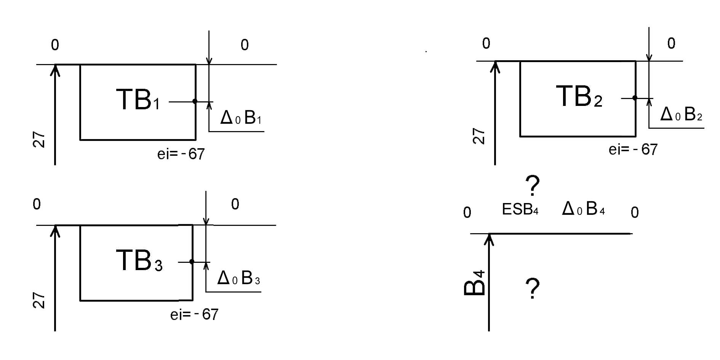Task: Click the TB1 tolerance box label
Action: pyautogui.click(x=138, y=100)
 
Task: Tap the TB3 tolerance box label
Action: pyautogui.click(x=139, y=261)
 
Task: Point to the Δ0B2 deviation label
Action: pyautogui.click(x=681, y=114)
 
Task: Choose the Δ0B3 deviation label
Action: pyautogui.click(x=238, y=278)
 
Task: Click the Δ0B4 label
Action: pyautogui.click(x=583, y=209)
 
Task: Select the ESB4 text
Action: pyautogui.click(x=520, y=209)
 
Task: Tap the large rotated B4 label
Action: pyautogui.click(x=475, y=283)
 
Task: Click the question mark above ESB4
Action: pyautogui.click(x=532, y=186)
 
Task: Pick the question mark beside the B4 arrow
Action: pyautogui.click(x=532, y=288)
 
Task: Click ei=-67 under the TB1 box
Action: pyautogui.click(x=181, y=154)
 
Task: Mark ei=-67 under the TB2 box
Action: pyautogui.click(x=633, y=149)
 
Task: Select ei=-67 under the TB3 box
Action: pyautogui.click(x=194, y=315)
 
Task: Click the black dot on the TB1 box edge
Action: pyautogui.click(x=195, y=101)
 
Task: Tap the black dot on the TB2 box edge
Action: pyautogui.click(x=635, y=98)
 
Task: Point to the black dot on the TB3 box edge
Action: pyautogui.click(x=192, y=262)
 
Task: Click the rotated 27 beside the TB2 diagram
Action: pyautogui.click(x=479, y=136)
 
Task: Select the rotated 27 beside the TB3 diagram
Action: pyautogui.click(x=39, y=300)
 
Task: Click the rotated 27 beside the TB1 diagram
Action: pyautogui.click(x=39, y=140)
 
